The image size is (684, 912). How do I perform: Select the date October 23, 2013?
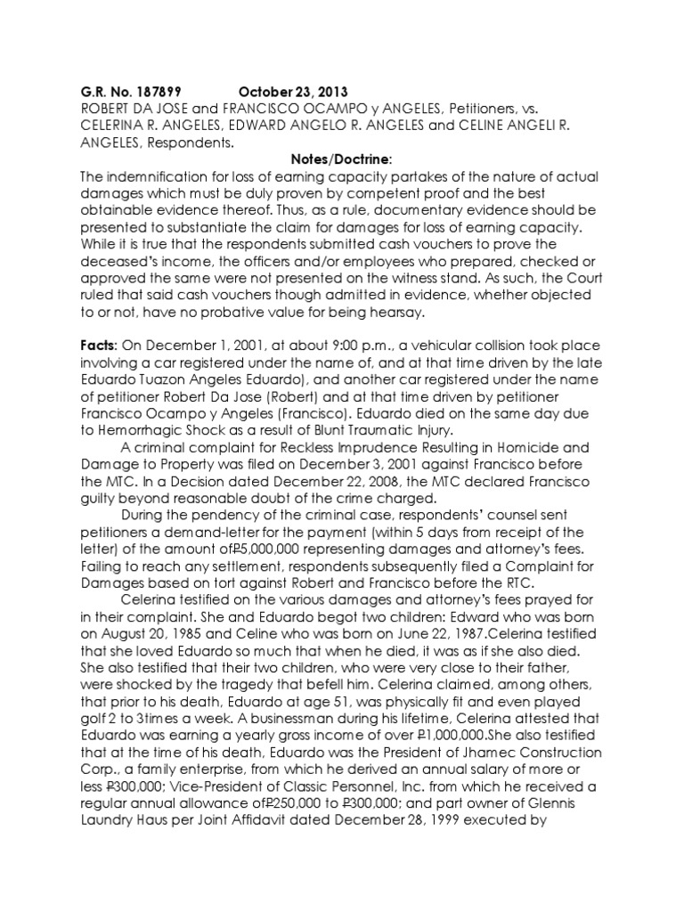[x=293, y=93]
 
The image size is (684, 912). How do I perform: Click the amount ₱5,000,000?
[x=275, y=555]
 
